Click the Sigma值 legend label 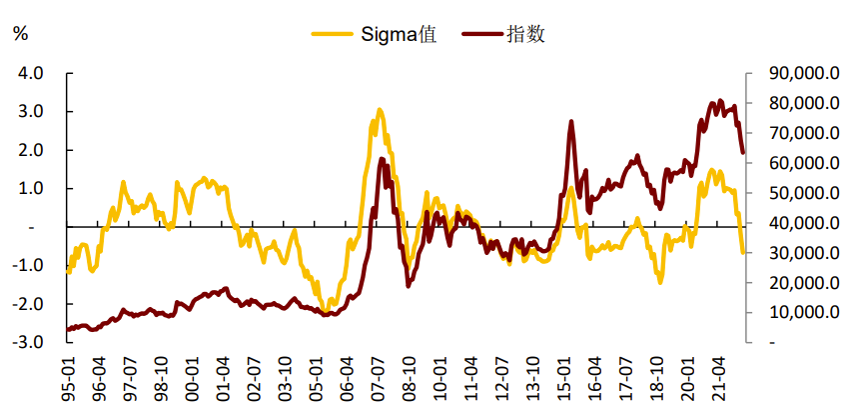(399, 34)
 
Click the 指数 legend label (525, 34)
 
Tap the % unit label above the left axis (20, 34)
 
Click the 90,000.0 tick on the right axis (804, 73)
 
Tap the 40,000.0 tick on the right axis (804, 223)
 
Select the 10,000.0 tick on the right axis (804, 312)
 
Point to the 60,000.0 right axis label (804, 163)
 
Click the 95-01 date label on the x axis (68, 379)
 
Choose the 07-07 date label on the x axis (379, 379)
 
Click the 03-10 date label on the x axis (286, 379)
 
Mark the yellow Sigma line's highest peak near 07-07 (380, 110)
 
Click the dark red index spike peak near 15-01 (571, 122)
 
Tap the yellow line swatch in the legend (333, 34)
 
